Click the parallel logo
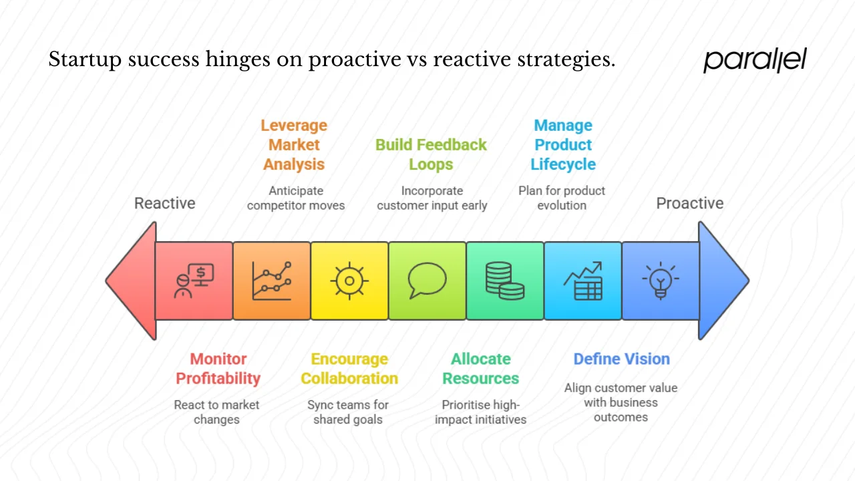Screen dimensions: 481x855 point(755,60)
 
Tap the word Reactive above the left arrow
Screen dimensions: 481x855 point(165,203)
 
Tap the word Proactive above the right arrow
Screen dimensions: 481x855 point(689,203)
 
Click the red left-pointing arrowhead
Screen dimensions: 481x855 point(132,281)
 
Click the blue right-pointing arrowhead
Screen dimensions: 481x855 point(723,281)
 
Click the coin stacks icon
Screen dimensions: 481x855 point(504,281)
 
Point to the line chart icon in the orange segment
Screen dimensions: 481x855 point(271,281)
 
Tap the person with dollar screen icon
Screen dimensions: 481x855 point(194,281)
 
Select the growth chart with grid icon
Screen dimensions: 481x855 point(582,281)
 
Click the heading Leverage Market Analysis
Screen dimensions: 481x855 point(294,145)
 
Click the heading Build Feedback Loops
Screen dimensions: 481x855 point(431,154)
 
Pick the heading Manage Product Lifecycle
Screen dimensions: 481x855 point(563,145)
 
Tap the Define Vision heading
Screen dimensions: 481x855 point(621,359)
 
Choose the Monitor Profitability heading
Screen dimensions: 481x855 point(218,369)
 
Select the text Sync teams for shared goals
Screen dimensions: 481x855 point(348,412)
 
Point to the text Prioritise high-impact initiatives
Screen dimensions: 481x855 point(480,412)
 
